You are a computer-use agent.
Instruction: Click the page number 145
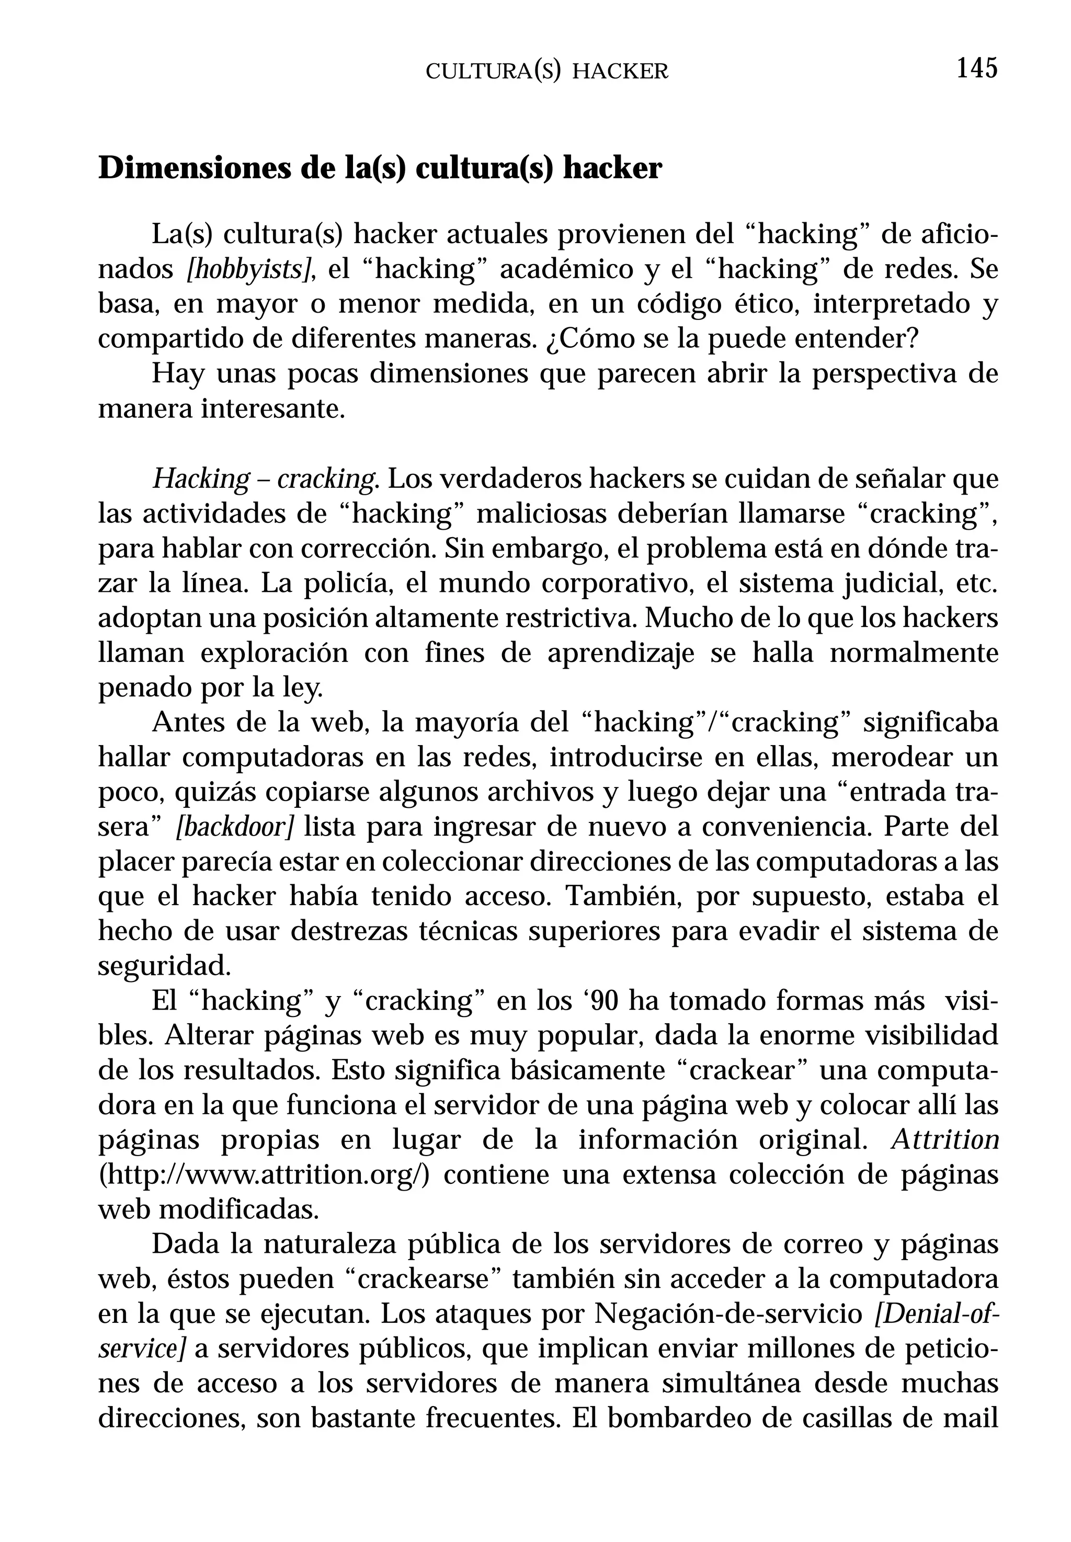pyautogui.click(x=977, y=69)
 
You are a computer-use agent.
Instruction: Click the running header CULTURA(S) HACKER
pyautogui.click(x=547, y=72)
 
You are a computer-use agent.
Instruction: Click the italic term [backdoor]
pyautogui.click(x=235, y=827)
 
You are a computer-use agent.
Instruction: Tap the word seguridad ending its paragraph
pyautogui.click(x=163, y=967)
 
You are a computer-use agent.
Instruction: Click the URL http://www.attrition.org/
pyautogui.click(x=264, y=1175)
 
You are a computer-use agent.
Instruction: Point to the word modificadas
pyautogui.click(x=237, y=1210)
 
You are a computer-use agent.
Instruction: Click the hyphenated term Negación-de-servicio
pyautogui.click(x=728, y=1315)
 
